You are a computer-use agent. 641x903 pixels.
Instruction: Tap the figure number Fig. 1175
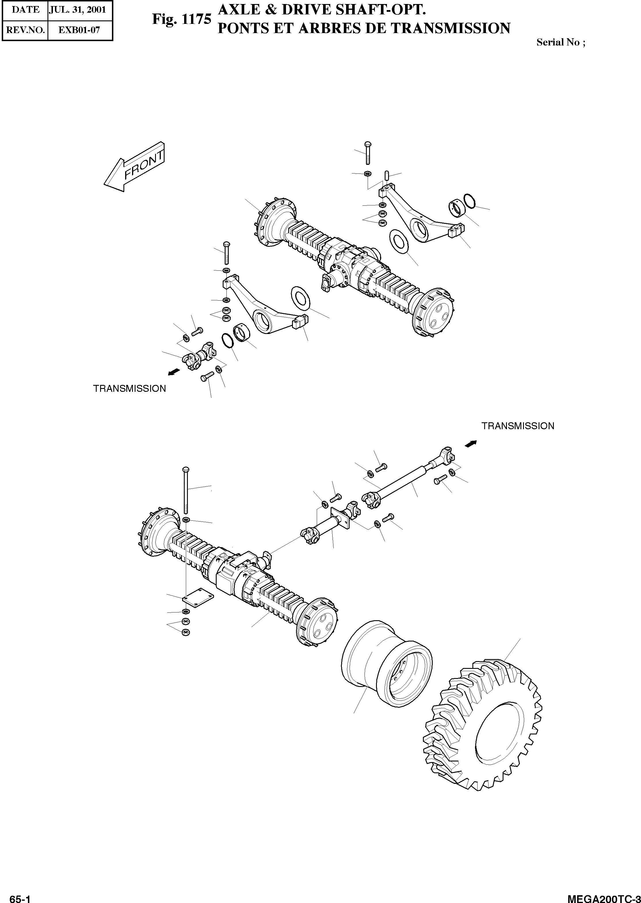[x=182, y=19]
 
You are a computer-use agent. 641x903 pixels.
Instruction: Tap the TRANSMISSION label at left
[x=129, y=389]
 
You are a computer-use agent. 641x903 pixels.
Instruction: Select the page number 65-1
[x=20, y=897]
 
